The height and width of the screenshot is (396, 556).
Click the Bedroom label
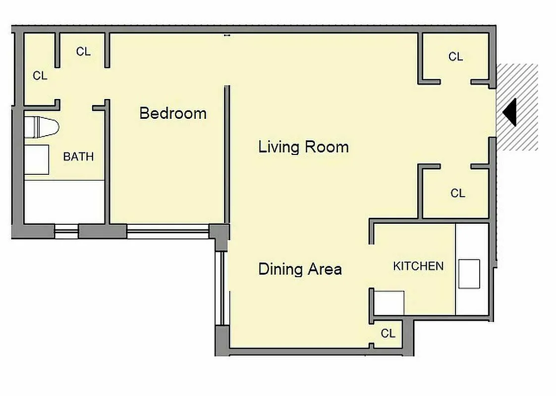coord(172,113)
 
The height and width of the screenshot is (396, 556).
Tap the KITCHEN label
coord(418,266)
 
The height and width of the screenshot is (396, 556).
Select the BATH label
coord(78,157)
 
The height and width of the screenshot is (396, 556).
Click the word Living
coord(279,147)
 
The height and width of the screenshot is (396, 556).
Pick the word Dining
coord(280,269)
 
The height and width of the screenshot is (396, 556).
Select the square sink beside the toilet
coord(37,159)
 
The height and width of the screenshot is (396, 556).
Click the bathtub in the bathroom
coord(64,201)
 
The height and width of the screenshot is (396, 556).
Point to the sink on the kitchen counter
coord(469,274)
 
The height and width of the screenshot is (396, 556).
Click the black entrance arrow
coord(510,112)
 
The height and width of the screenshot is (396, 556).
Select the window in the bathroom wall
coord(66,231)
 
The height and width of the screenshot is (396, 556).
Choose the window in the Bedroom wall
coord(167,231)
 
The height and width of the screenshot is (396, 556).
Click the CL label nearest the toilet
coord(40,76)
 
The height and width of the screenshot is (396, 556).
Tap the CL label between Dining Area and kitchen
coord(388,334)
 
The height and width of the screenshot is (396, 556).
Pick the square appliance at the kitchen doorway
coord(389,303)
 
